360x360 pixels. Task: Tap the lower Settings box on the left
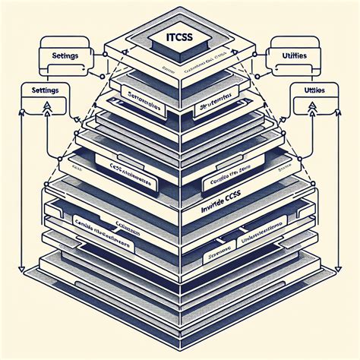point(43,90)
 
